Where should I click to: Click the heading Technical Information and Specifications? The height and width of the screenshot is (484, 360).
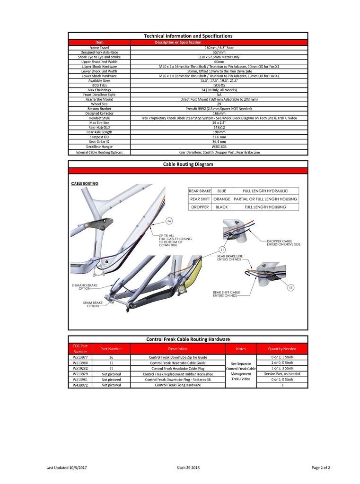188,36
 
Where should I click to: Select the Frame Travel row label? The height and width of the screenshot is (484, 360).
99,48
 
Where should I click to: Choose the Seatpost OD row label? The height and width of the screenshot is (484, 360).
99,137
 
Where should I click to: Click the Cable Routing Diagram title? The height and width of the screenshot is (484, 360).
188,164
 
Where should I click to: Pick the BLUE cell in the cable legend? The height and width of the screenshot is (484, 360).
221,191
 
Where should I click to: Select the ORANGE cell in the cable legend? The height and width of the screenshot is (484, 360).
221,199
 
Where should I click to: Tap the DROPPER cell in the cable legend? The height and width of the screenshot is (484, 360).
200,207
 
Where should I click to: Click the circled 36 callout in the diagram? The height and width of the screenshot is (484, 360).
169,221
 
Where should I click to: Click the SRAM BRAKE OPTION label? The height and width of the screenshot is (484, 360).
93,304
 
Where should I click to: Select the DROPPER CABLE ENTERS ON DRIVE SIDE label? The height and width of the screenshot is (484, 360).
284,242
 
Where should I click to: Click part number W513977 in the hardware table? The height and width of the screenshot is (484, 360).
80,357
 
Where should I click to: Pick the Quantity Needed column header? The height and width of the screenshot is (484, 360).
283,349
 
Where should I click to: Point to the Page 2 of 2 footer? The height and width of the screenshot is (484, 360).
320,467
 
